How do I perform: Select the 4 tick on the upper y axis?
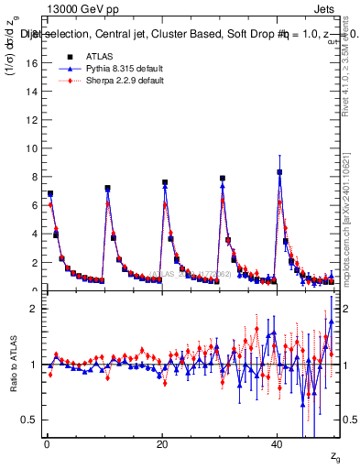coord(34,234)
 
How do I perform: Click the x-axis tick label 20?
coord(162,443)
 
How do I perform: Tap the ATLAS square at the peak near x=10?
coord(107,189)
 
